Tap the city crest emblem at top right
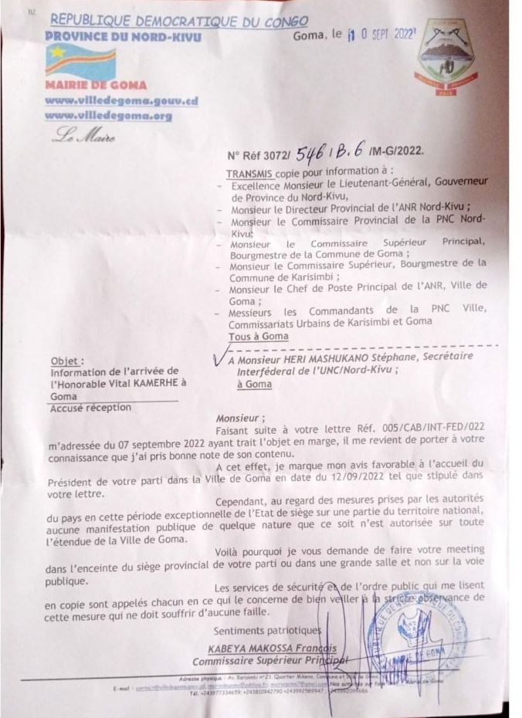click(446, 58)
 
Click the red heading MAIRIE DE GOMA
click(95, 85)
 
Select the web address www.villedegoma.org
click(107, 115)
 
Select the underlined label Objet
click(67, 361)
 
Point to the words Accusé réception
click(90, 408)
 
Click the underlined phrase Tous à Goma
click(258, 337)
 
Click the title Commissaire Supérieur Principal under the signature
click(263, 661)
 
